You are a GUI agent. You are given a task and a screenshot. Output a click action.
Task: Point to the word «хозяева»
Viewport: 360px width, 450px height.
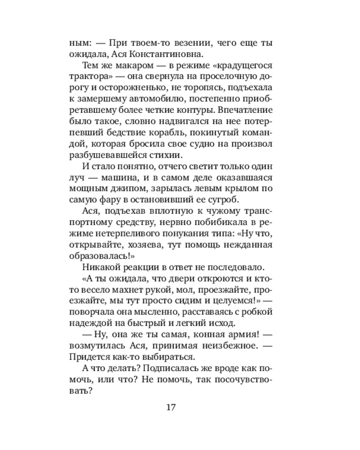click(x=146, y=245)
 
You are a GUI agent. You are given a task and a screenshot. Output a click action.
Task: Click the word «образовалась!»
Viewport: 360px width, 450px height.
click(x=99, y=256)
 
